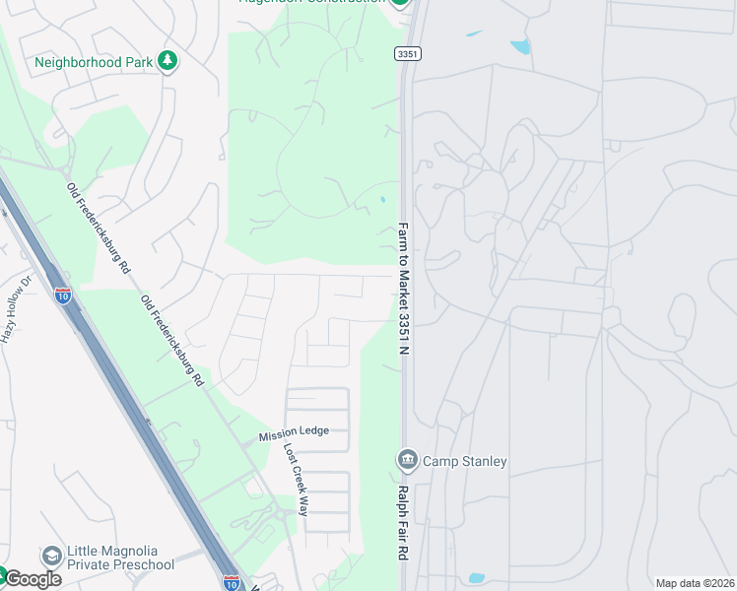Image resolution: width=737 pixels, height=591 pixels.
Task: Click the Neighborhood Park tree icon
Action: pos(167,61)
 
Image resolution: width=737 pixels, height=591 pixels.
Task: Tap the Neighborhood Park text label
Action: pos(94,62)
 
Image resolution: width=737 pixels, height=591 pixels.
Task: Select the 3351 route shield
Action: pos(408,53)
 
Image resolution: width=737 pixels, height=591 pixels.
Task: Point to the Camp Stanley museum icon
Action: pos(407,459)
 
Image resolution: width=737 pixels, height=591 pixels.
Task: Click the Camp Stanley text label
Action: pos(465,461)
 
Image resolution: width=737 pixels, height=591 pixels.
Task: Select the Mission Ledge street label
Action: pos(294,433)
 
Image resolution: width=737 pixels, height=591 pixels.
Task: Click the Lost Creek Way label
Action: pos(296,479)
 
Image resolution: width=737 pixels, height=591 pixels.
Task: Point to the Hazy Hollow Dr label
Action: pos(16,308)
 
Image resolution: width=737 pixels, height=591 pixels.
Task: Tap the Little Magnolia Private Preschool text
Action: pos(120,558)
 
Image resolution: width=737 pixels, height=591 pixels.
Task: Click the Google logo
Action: pos(32,578)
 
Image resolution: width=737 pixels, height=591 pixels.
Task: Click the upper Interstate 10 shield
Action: pos(62,295)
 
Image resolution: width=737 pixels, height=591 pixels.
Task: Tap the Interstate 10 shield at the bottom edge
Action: pos(232,582)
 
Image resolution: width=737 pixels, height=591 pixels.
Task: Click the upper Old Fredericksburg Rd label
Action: pos(99,228)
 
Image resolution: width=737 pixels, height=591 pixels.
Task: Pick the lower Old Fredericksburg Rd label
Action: pos(171,340)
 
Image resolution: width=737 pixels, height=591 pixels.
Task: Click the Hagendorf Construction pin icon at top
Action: pos(400,2)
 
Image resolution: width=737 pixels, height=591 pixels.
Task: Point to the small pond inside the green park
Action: pos(382,200)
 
